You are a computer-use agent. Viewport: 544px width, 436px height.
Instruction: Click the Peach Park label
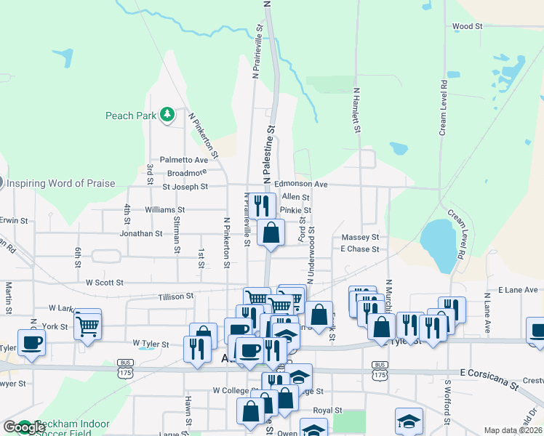tap(129, 115)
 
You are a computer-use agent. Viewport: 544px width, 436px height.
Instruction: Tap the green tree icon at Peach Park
tap(167, 114)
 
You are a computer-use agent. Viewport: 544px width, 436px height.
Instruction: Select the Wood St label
tap(467, 26)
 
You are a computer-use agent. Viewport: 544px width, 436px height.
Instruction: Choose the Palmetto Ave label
tap(184, 160)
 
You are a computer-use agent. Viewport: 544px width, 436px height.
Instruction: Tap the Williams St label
tap(167, 209)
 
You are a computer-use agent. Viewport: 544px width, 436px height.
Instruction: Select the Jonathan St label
tap(141, 234)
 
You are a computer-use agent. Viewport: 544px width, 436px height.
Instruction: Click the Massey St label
tap(360, 238)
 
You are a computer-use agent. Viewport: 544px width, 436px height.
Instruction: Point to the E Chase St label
tap(360, 249)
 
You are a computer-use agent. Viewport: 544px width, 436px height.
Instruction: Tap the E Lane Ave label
tap(517, 290)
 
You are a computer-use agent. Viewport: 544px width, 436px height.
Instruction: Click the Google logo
tap(24, 427)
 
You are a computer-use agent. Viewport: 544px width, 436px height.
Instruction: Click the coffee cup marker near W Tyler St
tap(31, 342)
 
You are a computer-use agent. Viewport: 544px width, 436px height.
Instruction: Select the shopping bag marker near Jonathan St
tap(271, 233)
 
